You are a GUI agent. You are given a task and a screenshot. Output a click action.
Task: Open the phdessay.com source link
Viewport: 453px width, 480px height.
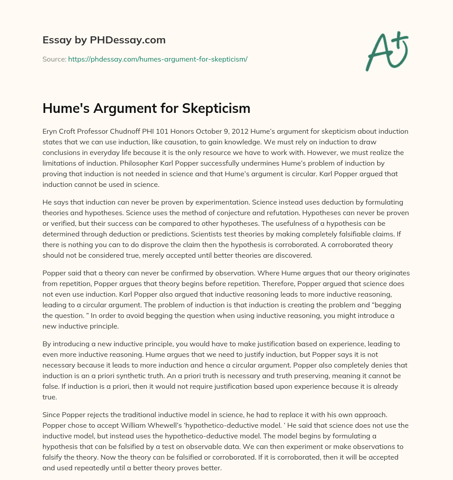tap(157, 59)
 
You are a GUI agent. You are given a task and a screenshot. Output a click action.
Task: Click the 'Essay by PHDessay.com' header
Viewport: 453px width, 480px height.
tap(104, 40)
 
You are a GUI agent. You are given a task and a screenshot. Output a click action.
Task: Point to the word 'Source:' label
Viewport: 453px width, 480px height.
tap(54, 59)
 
